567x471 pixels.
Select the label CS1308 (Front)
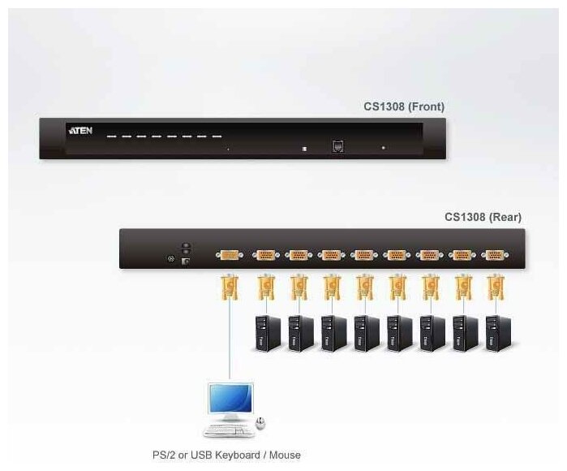click(403, 106)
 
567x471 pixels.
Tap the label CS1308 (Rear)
click(483, 217)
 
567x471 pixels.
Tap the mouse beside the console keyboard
click(260, 423)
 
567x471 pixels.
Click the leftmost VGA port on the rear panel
click(230, 255)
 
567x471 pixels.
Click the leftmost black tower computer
click(266, 332)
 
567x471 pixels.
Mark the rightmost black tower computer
click(497, 332)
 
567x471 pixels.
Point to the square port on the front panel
click(337, 147)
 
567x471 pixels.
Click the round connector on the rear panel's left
click(170, 259)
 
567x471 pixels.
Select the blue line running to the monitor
click(230, 341)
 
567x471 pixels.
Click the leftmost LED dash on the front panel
click(112, 136)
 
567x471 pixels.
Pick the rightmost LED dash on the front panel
click(217, 136)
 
